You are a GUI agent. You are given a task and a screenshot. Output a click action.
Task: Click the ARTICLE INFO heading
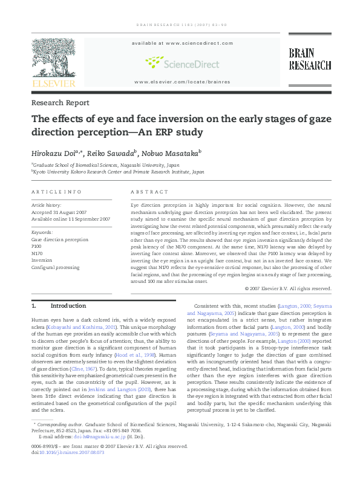click(x=56, y=192)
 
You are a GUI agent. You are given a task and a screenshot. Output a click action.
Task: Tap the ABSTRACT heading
click(x=149, y=192)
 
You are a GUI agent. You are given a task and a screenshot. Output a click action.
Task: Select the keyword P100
click(x=37, y=247)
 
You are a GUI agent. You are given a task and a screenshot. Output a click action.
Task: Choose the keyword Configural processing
click(x=53, y=267)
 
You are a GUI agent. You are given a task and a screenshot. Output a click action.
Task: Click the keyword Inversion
click(x=42, y=260)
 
